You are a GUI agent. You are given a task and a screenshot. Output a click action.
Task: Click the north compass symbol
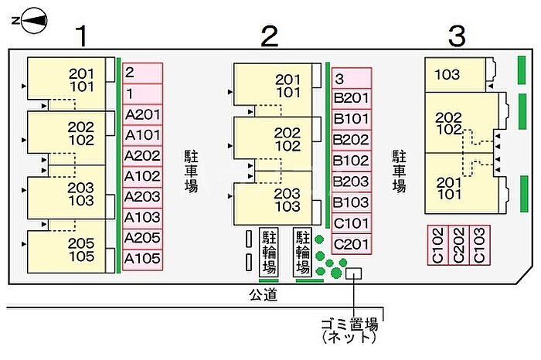coord(31,22)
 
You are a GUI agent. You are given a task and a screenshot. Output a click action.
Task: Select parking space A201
coord(142,114)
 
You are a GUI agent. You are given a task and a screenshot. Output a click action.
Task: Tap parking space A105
coord(142,258)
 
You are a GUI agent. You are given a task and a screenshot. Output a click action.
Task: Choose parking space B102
coord(352,161)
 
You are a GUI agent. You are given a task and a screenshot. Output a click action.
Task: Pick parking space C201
coord(352,244)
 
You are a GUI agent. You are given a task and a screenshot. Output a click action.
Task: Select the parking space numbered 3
coord(352,78)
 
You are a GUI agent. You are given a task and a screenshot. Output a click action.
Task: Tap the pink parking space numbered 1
coord(142,93)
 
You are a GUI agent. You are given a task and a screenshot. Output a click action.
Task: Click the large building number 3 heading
coord(458,35)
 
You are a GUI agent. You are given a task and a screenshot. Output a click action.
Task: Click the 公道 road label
coord(261,294)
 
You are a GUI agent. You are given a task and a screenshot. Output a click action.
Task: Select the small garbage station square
coord(354,273)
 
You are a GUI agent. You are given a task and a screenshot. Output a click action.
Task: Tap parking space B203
coord(352,182)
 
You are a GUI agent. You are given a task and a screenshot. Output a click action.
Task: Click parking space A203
coord(142,196)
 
